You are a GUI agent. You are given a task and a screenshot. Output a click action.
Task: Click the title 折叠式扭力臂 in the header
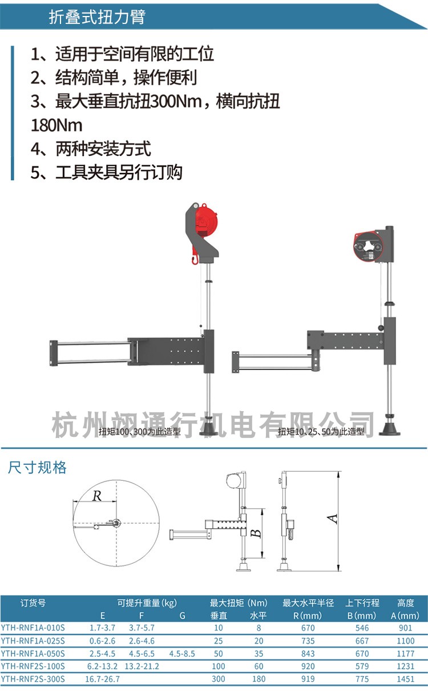pyautogui.click(x=97, y=17)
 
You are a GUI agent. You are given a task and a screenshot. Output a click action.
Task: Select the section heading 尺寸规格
pyautogui.click(x=38, y=468)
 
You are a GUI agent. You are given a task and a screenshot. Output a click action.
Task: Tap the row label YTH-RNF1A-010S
pyautogui.click(x=33, y=627)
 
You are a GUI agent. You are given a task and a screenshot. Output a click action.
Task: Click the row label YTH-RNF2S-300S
pyautogui.click(x=33, y=679)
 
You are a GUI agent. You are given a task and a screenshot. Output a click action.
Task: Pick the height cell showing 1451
pyautogui.click(x=406, y=679)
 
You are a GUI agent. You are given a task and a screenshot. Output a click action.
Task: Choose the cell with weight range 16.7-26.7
pyautogui.click(x=103, y=679)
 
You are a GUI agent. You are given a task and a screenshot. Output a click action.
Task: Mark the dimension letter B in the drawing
pyautogui.click(x=257, y=533)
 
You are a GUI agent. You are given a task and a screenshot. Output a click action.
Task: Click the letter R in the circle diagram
pyautogui.click(x=97, y=496)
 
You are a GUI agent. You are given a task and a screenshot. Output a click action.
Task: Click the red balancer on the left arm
pyautogui.click(x=206, y=223)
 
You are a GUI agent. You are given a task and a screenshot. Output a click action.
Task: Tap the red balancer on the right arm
pyautogui.click(x=368, y=247)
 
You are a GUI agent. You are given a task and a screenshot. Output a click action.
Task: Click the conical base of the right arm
pyautogui.click(x=390, y=427)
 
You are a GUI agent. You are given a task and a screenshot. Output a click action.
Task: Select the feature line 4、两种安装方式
pyautogui.click(x=91, y=149)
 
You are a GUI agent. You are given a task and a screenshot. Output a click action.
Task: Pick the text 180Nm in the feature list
pyautogui.click(x=56, y=125)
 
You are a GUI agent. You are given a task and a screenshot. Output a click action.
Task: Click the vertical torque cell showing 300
pyautogui.click(x=219, y=679)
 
